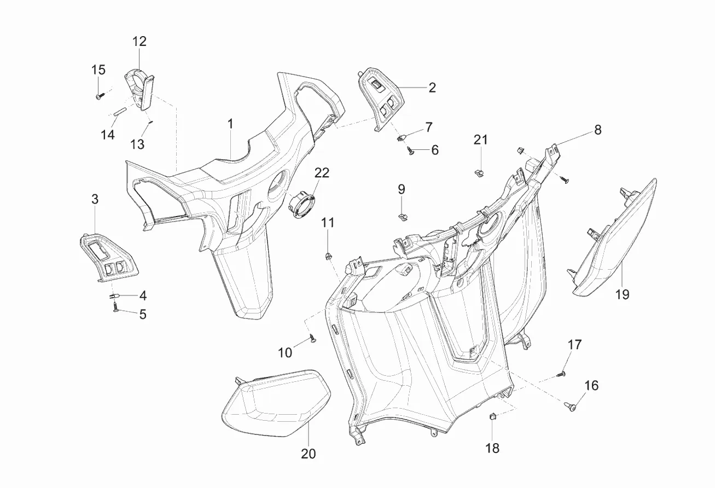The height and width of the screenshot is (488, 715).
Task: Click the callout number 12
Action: point(139,42)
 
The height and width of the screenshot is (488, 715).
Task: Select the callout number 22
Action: point(322,173)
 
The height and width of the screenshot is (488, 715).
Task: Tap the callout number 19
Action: point(622,294)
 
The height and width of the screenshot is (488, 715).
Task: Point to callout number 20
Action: point(308,454)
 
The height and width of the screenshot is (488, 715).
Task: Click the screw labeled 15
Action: point(100,96)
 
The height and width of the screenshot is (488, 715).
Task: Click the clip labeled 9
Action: point(403,217)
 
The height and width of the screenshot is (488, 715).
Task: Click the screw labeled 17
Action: point(560,374)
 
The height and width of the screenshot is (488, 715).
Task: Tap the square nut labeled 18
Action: point(492,417)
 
